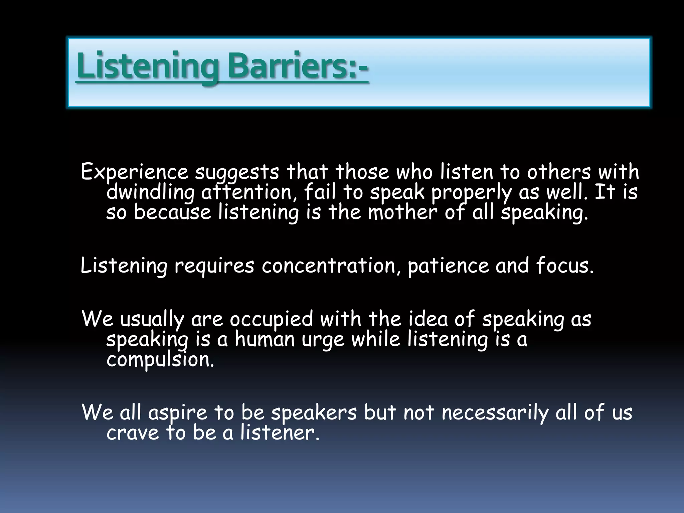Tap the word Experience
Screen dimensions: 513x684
click(135, 173)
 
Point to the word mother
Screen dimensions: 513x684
click(402, 213)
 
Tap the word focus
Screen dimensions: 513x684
click(565, 266)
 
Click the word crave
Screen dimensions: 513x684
click(133, 433)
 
